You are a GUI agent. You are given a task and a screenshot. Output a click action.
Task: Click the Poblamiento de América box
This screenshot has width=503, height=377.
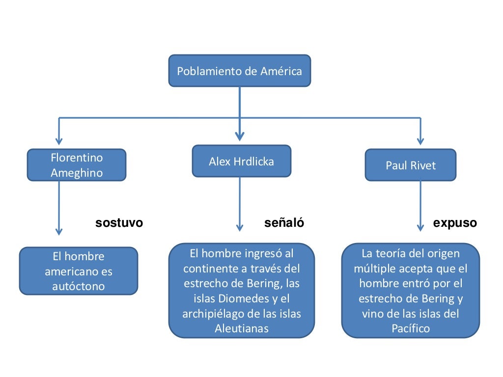coord(240,71)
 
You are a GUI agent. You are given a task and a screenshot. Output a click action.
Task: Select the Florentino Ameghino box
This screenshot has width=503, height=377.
coord(77,165)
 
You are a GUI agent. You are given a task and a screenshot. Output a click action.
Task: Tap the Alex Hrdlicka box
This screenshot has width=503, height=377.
coord(241,161)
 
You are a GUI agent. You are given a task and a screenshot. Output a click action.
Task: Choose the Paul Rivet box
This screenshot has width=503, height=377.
coord(410,165)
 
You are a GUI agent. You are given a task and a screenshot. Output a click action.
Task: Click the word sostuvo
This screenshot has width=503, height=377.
coord(119,223)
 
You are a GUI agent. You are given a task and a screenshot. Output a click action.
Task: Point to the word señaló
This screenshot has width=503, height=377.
coord(284,223)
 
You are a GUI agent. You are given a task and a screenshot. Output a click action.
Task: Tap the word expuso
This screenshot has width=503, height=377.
coord(455,223)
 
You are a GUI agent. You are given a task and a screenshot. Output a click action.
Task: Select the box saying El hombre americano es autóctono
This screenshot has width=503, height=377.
coord(79,271)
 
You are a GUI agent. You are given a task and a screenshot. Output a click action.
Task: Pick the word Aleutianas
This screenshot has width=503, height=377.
coord(241,328)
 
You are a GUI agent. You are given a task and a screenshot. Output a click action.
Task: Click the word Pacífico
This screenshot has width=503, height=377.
coord(410,328)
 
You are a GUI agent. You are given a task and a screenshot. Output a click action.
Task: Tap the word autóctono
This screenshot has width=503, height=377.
coord(79,286)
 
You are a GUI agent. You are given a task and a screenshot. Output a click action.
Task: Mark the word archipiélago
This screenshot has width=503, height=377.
coord(213,314)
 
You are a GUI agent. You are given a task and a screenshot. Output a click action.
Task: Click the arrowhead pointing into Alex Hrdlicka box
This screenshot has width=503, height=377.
coord(240,137)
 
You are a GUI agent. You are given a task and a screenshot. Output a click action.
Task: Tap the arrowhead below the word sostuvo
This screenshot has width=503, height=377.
coord(59,230)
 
